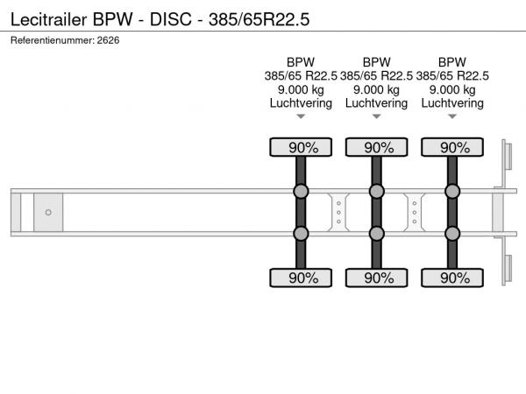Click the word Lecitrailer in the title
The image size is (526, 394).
click(48, 19)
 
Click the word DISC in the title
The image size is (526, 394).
click(170, 19)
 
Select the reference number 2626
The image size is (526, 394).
click(108, 40)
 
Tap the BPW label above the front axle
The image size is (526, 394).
click(301, 62)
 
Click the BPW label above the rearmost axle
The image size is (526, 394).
click(452, 62)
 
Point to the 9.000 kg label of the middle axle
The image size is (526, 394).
click(376, 90)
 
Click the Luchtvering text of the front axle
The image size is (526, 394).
click(301, 103)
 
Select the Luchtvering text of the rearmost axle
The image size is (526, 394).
click(452, 103)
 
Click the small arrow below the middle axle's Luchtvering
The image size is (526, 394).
click(376, 116)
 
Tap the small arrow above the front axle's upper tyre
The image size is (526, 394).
click(301, 116)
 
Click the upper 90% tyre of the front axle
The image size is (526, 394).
click(301, 147)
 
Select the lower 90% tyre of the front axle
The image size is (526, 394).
click(301, 278)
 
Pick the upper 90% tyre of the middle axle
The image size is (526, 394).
click(377, 147)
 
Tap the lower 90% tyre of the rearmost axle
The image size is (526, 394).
click(452, 278)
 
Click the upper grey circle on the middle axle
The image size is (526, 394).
click(377, 191)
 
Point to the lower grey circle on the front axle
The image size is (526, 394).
click(301, 234)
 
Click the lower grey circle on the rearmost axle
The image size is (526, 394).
click(452, 234)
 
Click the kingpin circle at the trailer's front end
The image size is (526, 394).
click(48, 213)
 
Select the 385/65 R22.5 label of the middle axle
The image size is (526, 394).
click(376, 76)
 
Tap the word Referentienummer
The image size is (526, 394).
click(53, 40)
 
